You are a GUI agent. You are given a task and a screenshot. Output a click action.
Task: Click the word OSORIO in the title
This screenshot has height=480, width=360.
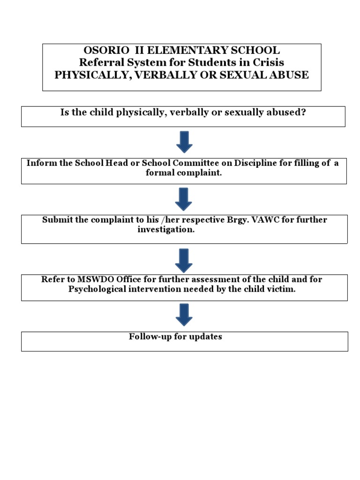pyautogui.click(x=101, y=50)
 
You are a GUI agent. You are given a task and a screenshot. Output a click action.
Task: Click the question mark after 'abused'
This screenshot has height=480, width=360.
pyautogui.click(x=303, y=113)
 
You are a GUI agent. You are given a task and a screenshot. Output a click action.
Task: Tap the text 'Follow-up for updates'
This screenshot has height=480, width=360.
pyautogui.click(x=175, y=337)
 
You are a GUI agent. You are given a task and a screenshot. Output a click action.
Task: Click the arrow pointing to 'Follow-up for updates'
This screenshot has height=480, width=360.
pyautogui.click(x=184, y=315)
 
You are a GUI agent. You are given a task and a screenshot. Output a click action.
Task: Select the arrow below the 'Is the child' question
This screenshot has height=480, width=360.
pyautogui.click(x=184, y=142)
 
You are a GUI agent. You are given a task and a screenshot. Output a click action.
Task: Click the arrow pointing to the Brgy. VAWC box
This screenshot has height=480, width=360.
pyautogui.click(x=184, y=199)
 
